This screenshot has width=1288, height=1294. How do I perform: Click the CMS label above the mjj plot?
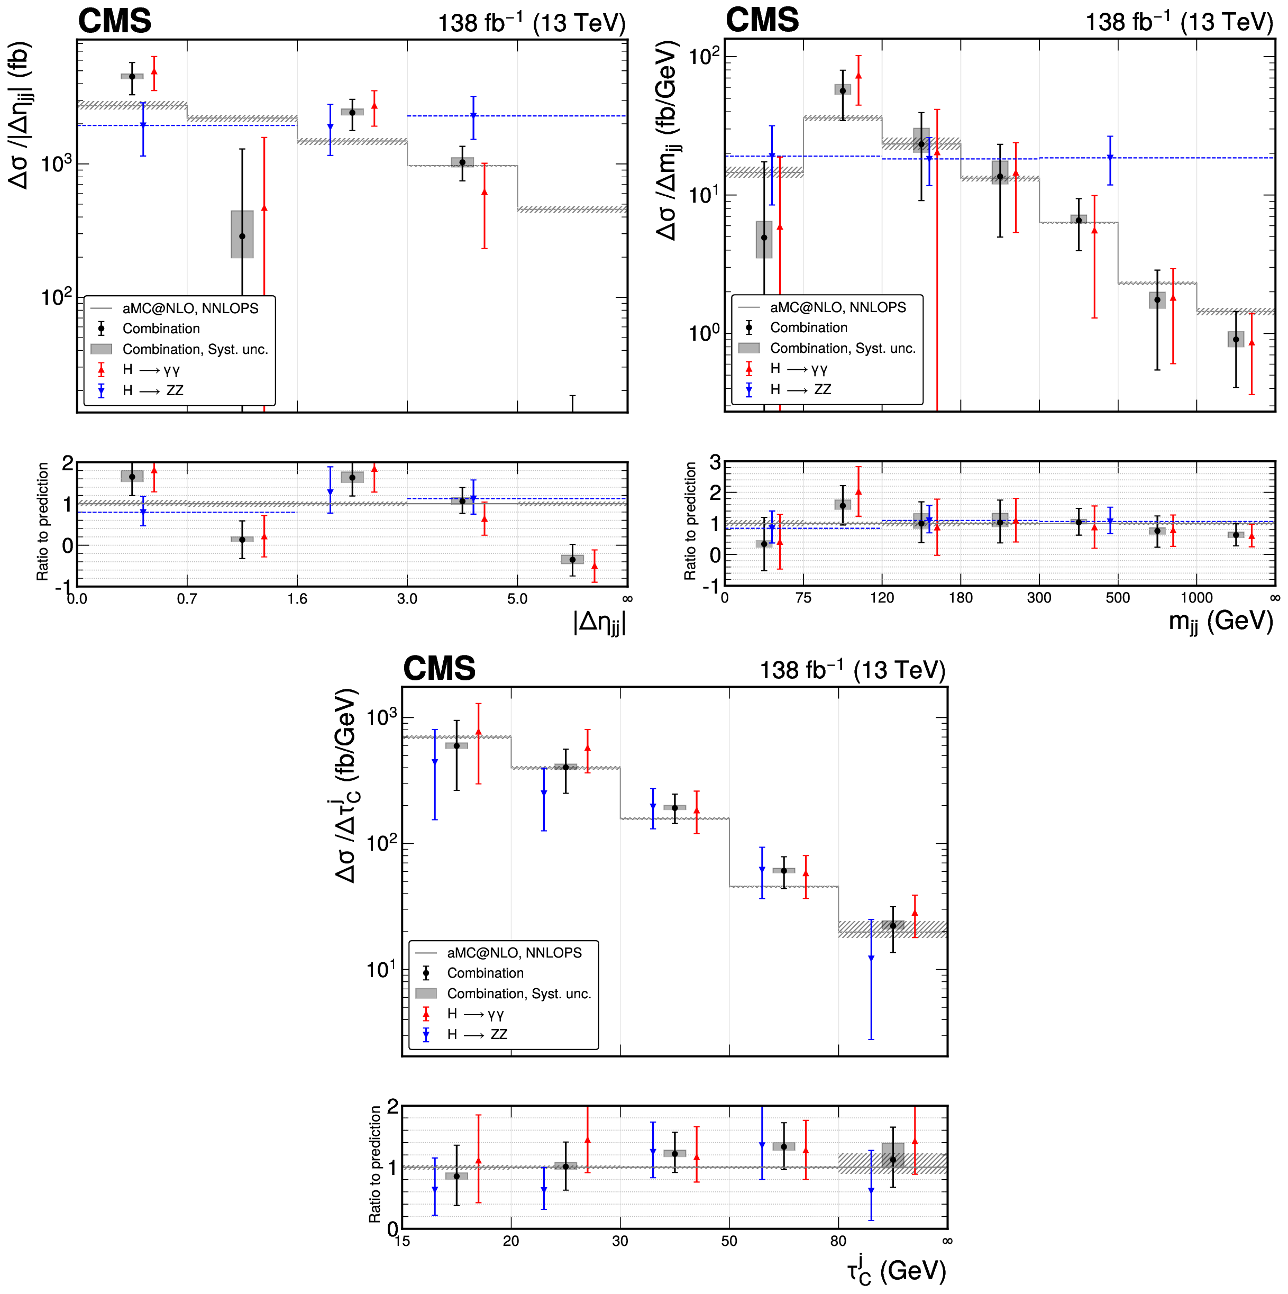pyautogui.click(x=762, y=20)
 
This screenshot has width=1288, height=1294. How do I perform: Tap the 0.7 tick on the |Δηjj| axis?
pyautogui.click(x=187, y=599)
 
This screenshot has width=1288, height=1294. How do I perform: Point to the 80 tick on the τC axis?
pyautogui.click(x=838, y=1241)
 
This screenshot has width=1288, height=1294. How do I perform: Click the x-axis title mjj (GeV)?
pyautogui.click(x=1220, y=622)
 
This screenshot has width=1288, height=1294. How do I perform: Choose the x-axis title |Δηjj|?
pyautogui.click(x=599, y=622)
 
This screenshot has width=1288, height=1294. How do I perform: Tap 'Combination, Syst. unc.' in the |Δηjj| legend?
pyautogui.click(x=194, y=349)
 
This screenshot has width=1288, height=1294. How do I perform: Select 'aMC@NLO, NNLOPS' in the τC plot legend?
pyautogui.click(x=514, y=952)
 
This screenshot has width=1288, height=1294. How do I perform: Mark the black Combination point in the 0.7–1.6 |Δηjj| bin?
pyautogui.click(x=242, y=236)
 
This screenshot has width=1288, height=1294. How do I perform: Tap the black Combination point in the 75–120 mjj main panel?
pyautogui.click(x=843, y=90)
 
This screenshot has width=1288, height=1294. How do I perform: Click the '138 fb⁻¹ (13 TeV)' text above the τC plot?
pyautogui.click(x=852, y=670)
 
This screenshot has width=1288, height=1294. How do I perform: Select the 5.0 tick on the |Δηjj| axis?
pyautogui.click(x=517, y=599)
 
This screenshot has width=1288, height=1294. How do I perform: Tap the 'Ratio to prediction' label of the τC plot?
pyautogui.click(x=375, y=1164)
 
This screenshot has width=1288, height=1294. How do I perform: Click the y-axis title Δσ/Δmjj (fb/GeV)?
pyautogui.click(x=667, y=141)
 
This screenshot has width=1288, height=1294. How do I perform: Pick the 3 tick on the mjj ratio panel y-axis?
pyautogui.click(x=715, y=462)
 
